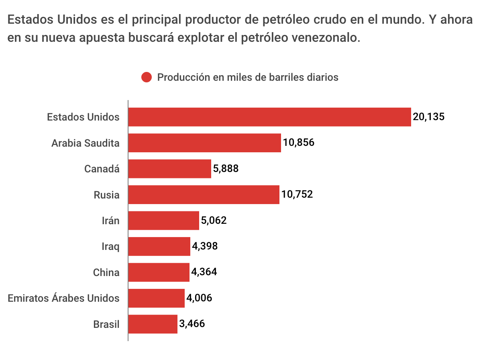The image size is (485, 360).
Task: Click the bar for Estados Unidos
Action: point(269,117)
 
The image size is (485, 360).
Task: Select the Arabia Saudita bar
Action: point(204,143)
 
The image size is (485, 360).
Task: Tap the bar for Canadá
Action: point(169,169)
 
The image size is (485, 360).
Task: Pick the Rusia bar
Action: point(204,195)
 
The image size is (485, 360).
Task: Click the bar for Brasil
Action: point(153,324)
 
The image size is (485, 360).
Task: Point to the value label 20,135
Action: point(429,117)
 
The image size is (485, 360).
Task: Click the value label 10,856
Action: point(298,143)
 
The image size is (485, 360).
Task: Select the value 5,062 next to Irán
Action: point(214,221)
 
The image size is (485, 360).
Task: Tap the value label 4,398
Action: point(205,246)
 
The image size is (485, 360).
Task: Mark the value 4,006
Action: point(199,298)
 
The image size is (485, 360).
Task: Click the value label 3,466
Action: point(192,324)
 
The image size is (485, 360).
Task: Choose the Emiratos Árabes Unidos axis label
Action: point(63,298)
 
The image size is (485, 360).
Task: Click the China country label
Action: point(106,272)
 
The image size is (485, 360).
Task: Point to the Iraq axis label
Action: point(110,246)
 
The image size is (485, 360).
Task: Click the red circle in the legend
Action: point(147,77)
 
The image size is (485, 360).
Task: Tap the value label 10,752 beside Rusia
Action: point(297,195)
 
